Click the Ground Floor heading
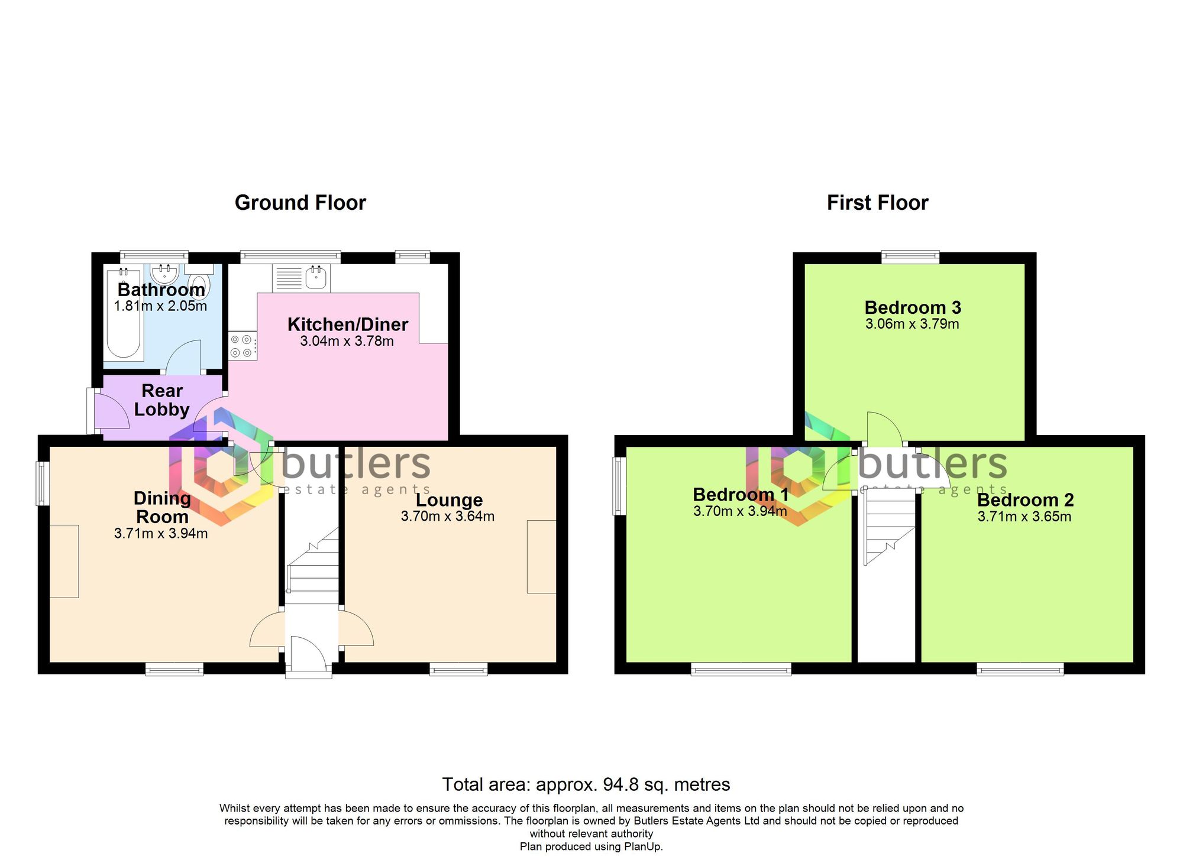click(x=300, y=203)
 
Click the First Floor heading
click(x=877, y=203)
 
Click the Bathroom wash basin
click(x=164, y=274)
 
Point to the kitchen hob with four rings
click(x=243, y=346)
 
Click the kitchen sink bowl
click(x=317, y=277)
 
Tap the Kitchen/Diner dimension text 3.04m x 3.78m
click(x=347, y=341)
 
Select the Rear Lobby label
click(x=161, y=400)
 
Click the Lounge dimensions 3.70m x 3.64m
click(x=448, y=516)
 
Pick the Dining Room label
click(x=162, y=507)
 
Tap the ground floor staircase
click(x=312, y=567)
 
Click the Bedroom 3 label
click(x=913, y=307)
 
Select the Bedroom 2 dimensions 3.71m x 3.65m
click(x=1024, y=517)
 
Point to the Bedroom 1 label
click(x=741, y=494)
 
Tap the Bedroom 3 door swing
click(x=883, y=429)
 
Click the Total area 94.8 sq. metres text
click(x=586, y=784)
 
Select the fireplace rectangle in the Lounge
click(x=542, y=556)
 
